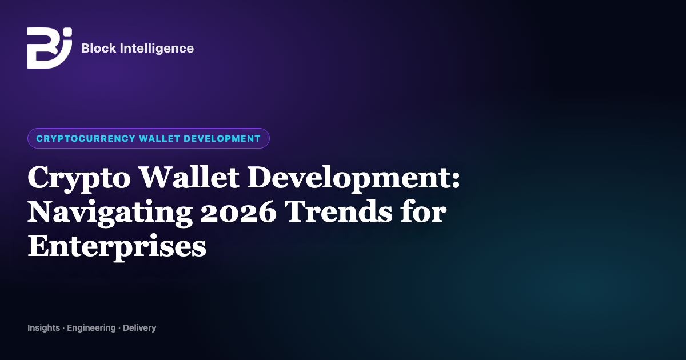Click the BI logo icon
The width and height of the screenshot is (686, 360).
50,48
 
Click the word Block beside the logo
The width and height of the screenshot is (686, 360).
99,49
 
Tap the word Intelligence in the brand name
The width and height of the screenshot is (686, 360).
157,49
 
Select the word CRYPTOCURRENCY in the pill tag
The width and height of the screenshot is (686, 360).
86,138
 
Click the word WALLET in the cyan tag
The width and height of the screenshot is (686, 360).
159,138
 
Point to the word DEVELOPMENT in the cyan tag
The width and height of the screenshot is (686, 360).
222,138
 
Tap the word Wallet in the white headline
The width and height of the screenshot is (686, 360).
189,177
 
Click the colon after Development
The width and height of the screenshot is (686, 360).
456,180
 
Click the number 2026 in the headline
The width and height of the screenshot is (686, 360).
238,212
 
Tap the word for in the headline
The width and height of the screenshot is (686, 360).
423,211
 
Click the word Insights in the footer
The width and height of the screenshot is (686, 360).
44,328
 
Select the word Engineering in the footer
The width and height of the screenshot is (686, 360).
91,329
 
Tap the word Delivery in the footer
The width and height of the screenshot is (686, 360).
139,329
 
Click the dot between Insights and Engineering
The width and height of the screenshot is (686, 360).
63,329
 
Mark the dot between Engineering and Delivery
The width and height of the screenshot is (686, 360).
119,329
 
